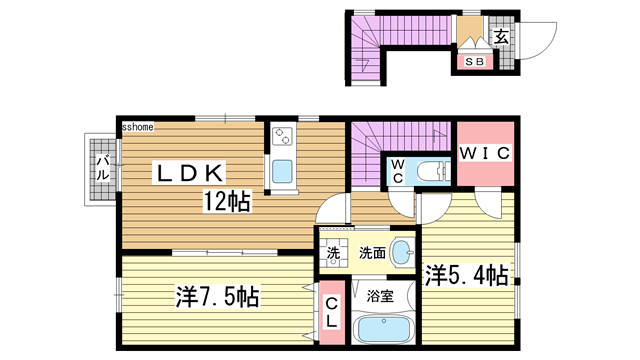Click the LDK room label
click(190, 172)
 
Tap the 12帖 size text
click(227, 201)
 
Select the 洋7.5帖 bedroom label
click(217, 296)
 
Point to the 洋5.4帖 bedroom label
click(467, 275)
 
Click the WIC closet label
click(485, 153)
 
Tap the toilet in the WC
click(434, 171)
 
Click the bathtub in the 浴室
click(383, 329)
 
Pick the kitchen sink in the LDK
click(282, 171)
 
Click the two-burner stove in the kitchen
click(282, 136)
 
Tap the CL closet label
click(331, 312)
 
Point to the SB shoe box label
click(475, 62)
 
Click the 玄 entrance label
click(501, 37)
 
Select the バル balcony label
click(102, 168)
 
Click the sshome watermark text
click(138, 127)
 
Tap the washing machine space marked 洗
click(333, 253)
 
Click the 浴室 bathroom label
click(380, 296)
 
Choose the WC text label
click(398, 171)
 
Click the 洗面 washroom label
click(372, 253)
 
